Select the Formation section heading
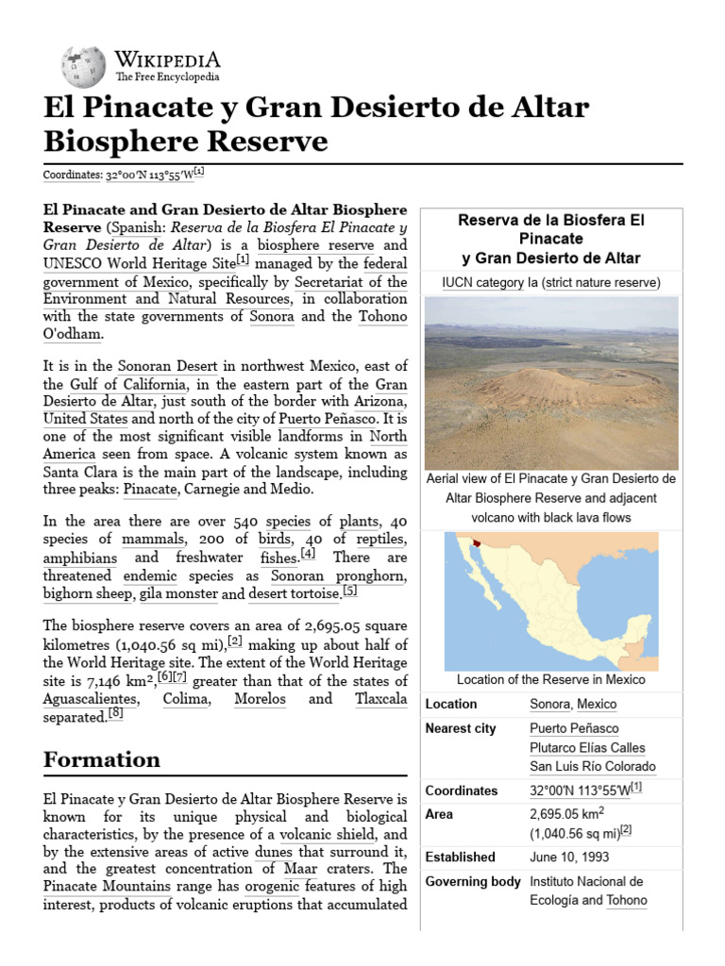[x=102, y=759]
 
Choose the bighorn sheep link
[x=88, y=594]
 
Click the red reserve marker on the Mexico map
[x=481, y=543]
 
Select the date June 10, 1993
[x=569, y=858]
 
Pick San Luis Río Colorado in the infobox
[x=592, y=766]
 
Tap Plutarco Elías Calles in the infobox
[x=587, y=747]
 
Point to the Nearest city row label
[x=461, y=728]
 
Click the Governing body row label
[x=473, y=881]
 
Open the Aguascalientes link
[x=91, y=699]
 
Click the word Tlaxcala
[x=381, y=699]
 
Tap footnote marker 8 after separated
[x=115, y=714]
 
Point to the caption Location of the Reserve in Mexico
[x=551, y=679]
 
